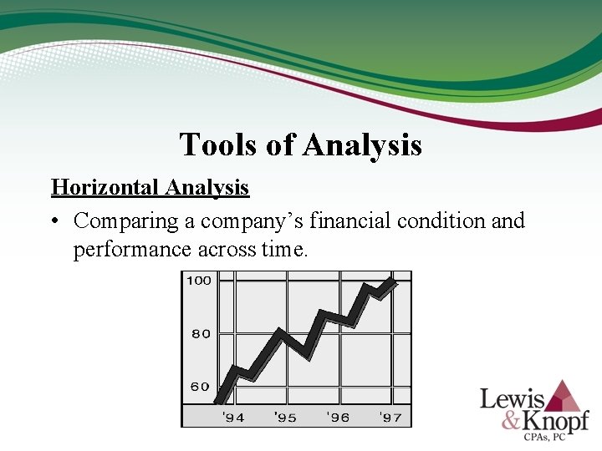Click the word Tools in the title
coord(212,144)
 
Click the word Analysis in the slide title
coord(362,144)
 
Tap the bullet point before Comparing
coord(55,221)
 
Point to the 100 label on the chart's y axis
coord(199,281)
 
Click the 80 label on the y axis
coord(201,333)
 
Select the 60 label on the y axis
coord(201,387)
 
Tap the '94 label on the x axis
coord(232,417)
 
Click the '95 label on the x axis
coord(285,417)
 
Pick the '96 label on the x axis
coord(338,417)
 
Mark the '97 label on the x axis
coord(390,417)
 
